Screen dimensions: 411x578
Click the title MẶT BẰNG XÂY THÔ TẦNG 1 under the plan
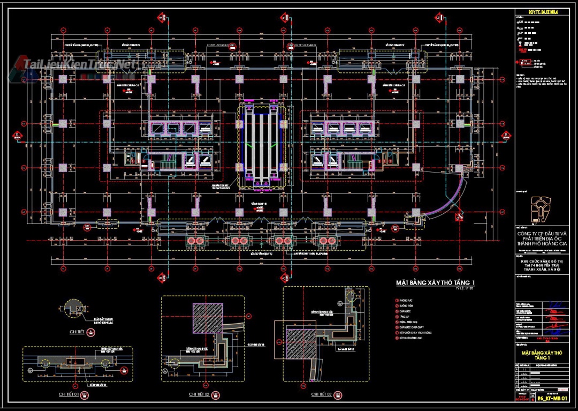(x=435, y=282)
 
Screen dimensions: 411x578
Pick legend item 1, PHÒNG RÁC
(x=405, y=300)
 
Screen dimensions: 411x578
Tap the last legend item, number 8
(x=413, y=339)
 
